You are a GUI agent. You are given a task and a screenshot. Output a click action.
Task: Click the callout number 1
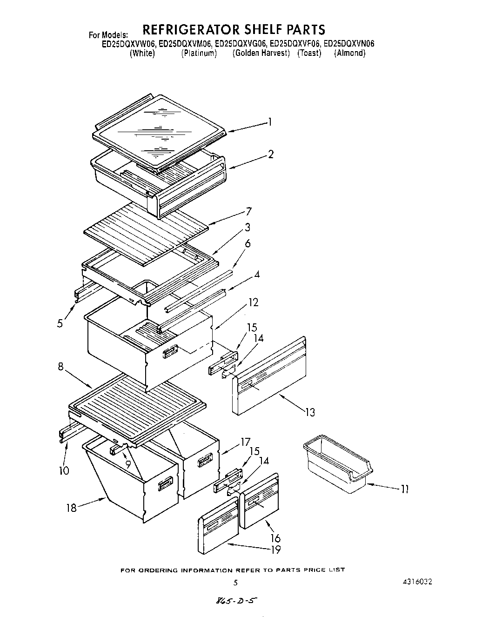[x=269, y=122]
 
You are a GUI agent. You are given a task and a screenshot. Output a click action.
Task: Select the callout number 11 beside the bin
[x=404, y=489]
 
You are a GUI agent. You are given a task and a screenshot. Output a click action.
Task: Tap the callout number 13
[x=310, y=412]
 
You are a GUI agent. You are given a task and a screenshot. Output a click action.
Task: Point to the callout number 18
[x=71, y=508]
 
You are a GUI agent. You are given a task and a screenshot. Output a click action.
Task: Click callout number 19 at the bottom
[x=276, y=550]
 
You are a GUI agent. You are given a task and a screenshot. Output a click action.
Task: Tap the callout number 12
[x=253, y=302]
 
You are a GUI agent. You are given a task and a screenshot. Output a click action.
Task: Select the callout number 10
[x=64, y=470]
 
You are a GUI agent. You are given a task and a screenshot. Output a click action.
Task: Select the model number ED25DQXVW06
[x=129, y=44]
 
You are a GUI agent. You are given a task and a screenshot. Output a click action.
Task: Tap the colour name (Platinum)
[x=199, y=53]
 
